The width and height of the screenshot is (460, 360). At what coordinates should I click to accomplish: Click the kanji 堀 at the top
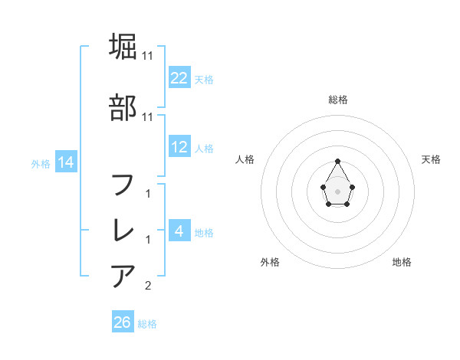(123, 47)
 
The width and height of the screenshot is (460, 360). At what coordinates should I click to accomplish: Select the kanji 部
(123, 106)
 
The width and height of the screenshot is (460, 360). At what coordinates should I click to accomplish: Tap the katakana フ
(123, 184)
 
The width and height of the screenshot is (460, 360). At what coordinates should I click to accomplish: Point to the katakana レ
(123, 230)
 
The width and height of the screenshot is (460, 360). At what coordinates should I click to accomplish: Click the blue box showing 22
(179, 78)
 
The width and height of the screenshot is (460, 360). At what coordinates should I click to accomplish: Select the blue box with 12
(179, 147)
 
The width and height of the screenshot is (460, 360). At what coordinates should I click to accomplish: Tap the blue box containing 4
(179, 231)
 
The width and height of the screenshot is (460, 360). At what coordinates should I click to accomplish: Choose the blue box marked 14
(65, 162)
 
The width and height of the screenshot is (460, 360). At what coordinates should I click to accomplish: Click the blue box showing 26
(123, 322)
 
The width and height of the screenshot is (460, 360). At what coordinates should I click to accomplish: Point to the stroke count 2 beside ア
(148, 286)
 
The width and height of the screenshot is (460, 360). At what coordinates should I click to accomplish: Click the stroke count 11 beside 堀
(148, 56)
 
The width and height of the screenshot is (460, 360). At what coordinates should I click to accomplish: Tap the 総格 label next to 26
(147, 324)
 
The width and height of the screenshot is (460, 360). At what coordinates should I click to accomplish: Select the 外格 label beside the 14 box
(41, 163)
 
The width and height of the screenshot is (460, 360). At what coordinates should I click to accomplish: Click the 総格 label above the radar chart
(337, 100)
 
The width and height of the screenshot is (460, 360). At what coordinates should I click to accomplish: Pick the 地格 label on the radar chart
(402, 262)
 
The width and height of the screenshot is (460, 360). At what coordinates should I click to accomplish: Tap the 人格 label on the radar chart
(245, 159)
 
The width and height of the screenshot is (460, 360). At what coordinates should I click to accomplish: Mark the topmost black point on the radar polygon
(337, 161)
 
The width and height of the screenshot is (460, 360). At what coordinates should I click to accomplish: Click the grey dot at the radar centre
(337, 190)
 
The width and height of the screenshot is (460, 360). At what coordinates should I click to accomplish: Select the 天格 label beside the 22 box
(204, 79)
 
